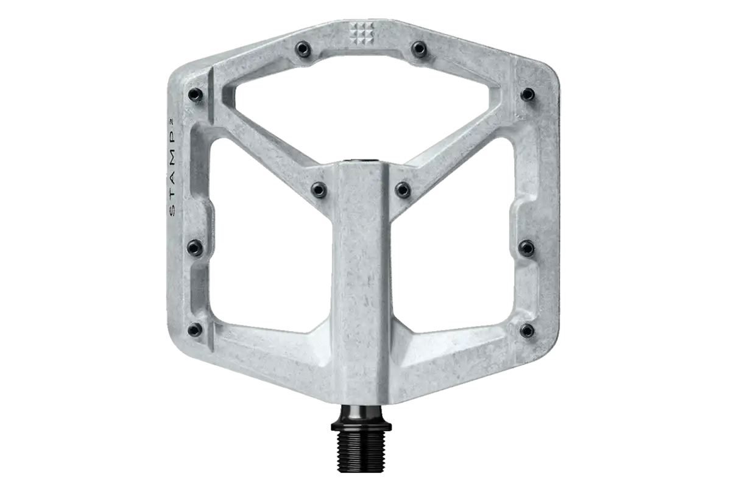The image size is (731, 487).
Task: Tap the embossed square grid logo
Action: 361,33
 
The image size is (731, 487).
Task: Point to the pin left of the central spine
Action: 319,189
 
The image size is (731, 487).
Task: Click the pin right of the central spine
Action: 403,189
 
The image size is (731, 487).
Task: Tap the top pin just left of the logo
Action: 303,49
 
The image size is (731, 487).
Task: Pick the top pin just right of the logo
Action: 419,49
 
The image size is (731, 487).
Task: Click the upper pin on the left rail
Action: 195,94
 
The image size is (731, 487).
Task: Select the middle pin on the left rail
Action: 194,247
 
